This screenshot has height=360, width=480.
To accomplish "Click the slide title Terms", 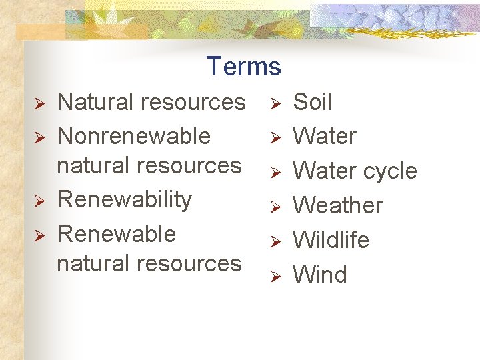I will (243, 67).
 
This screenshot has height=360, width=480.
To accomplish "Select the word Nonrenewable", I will (134, 136).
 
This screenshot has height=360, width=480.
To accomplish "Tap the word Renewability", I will (125, 199).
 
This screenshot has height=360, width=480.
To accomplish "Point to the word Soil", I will (312, 102).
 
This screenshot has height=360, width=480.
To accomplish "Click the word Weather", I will (338, 205).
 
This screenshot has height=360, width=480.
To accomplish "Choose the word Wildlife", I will (331, 240).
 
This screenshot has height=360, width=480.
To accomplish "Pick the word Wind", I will (320, 275).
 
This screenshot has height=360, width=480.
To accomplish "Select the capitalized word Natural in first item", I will (96, 102).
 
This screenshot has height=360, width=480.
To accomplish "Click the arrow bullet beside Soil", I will (275, 104).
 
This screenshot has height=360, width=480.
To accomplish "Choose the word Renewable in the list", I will (117, 234).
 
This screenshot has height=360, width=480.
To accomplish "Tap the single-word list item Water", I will (325, 136).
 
